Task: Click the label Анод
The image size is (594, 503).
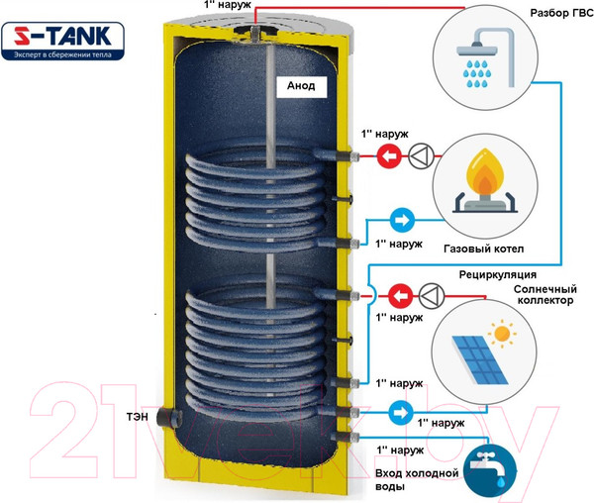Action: pos(300,86)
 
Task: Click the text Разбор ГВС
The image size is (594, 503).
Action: pos(541,14)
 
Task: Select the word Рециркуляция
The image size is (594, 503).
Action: pos(497,273)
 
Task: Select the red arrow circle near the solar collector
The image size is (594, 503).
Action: pos(399,294)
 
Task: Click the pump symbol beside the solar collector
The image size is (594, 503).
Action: pos(432,294)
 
